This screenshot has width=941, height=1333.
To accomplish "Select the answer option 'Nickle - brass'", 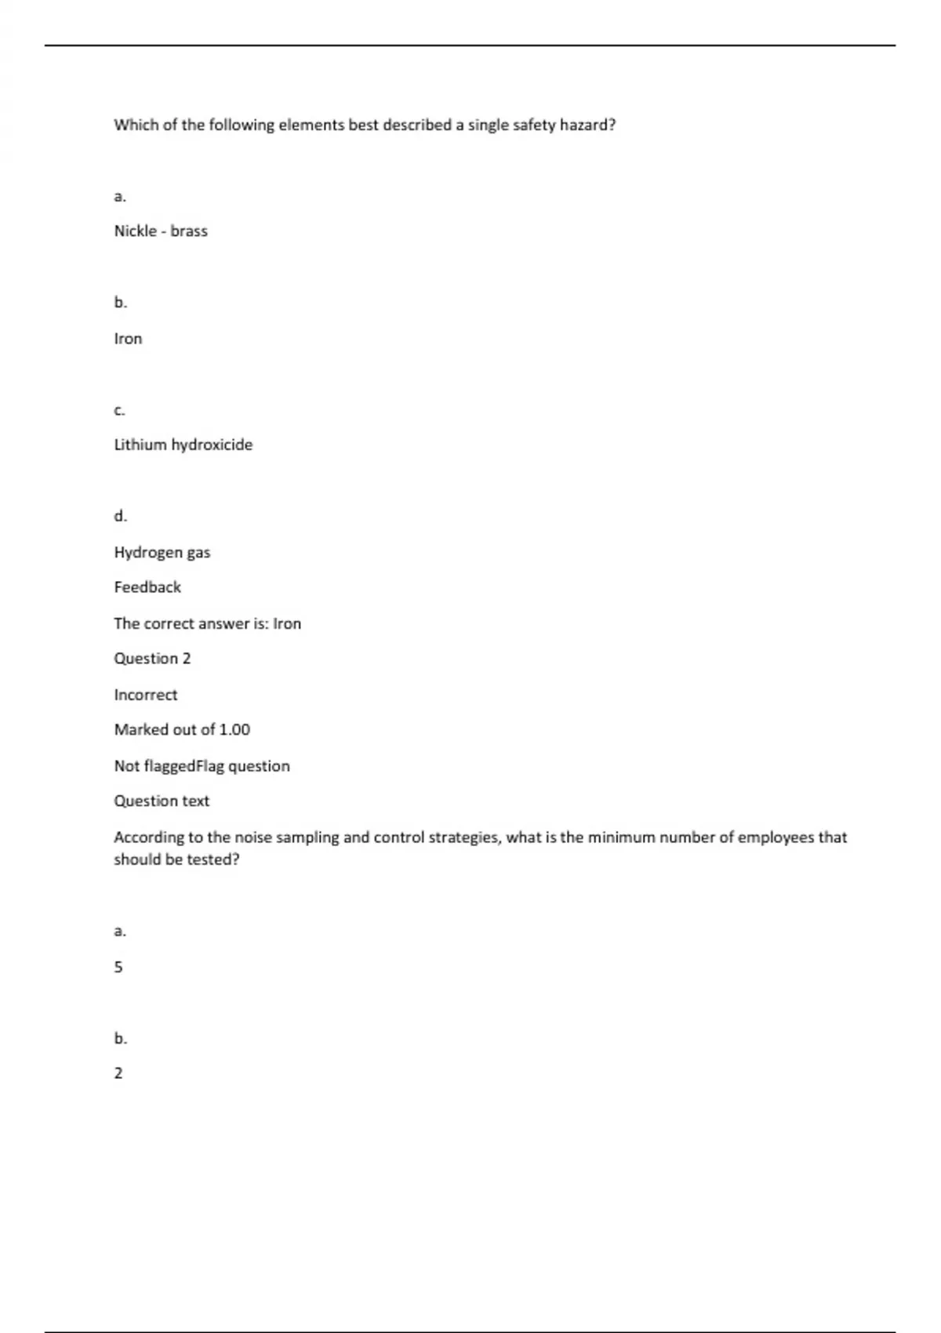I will tap(161, 231).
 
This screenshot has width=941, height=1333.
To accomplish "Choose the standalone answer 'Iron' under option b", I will tap(128, 339).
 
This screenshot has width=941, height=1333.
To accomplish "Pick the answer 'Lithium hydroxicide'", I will tap(183, 445).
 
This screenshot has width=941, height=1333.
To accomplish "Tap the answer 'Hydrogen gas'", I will tap(162, 553).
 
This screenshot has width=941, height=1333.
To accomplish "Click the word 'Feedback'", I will tap(147, 587).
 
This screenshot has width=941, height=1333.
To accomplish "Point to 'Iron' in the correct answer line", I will tap(287, 624).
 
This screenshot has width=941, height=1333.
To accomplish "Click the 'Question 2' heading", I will tap(152, 659).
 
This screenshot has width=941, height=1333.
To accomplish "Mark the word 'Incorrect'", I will tap(146, 695).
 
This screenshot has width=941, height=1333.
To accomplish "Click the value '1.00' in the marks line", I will tap(234, 730).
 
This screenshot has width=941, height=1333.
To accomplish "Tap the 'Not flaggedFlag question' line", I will tap(202, 766).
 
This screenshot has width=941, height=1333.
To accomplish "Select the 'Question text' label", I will tap(162, 801).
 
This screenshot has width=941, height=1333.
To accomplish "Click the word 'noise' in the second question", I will tap(253, 837).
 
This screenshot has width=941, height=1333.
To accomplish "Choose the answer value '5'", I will tap(118, 968).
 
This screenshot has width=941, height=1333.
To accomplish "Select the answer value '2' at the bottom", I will tap(118, 1073).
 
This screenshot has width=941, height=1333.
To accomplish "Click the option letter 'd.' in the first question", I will tap(121, 516).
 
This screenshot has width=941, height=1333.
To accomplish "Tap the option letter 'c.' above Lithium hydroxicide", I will tap(120, 410).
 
